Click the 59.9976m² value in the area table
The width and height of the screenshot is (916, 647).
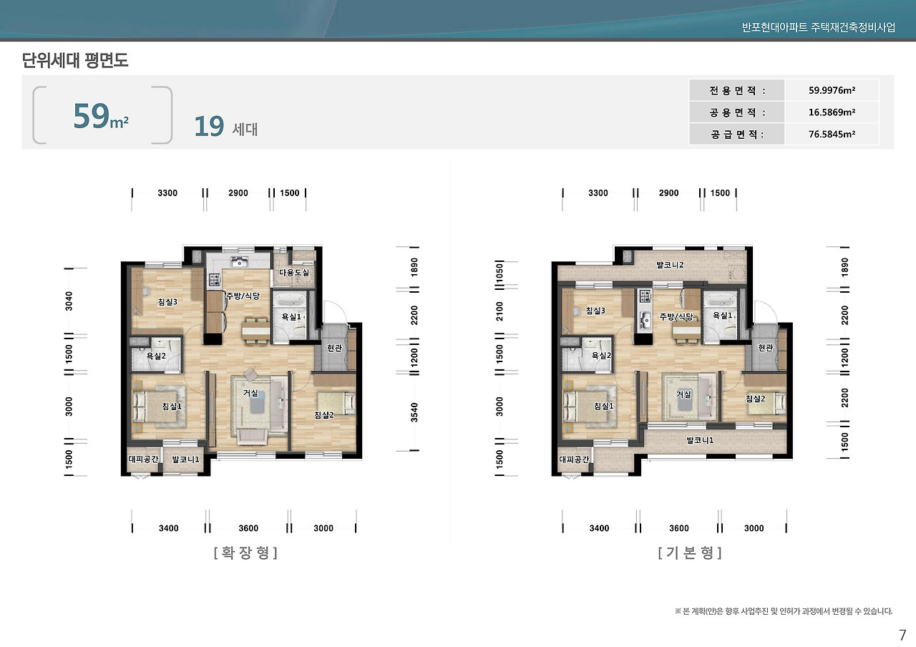point(832,90)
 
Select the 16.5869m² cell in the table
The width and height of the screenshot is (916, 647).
point(832,112)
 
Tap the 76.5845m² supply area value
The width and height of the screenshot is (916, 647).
point(832,134)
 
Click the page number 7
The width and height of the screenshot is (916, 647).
point(902,635)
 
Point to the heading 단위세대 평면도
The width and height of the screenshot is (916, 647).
point(75,60)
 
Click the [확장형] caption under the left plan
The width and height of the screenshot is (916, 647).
point(245,553)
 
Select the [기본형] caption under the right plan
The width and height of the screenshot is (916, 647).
point(690,553)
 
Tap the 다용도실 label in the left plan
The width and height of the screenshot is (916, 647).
point(294,273)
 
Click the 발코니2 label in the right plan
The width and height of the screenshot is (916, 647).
point(670,265)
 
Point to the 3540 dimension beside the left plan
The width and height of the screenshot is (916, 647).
point(414,412)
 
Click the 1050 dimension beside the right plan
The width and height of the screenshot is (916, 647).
point(500,272)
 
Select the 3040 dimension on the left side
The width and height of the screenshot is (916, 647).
point(69,301)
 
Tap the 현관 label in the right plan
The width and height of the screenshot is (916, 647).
point(766,348)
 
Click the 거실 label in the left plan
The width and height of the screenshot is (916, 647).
point(250,393)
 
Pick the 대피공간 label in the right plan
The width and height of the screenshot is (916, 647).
point(574,459)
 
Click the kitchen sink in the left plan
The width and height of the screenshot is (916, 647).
point(239,261)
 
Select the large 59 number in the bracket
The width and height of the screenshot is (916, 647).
point(91,116)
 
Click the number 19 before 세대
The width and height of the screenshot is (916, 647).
point(209,127)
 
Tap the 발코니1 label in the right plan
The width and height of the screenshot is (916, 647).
point(700,440)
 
